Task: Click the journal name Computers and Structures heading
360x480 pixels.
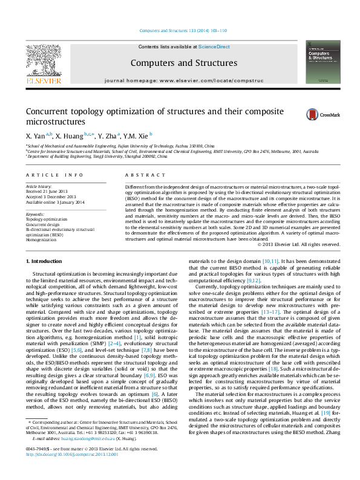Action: pyautogui.click(x=183, y=63)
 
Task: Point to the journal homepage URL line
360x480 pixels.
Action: pyautogui.click(x=183, y=80)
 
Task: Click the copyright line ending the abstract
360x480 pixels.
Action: pyautogui.click(x=290, y=244)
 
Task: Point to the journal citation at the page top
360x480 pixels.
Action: pyautogui.click(x=183, y=30)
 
